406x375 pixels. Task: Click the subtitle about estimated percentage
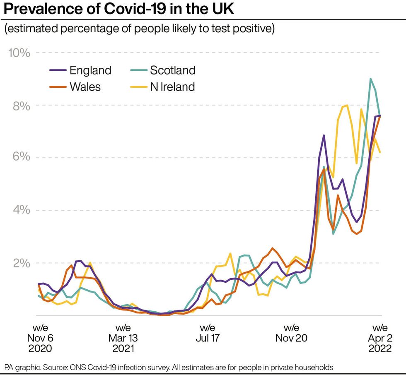click(x=140, y=30)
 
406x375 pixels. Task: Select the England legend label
click(x=90, y=70)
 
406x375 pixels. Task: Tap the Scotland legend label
click(x=172, y=70)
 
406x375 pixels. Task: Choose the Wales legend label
click(x=85, y=87)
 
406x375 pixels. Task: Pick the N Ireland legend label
click(x=172, y=87)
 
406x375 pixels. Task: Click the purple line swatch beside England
click(x=58, y=70)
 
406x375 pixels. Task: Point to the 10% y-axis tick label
click(x=19, y=53)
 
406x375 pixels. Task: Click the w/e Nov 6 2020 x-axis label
click(x=40, y=338)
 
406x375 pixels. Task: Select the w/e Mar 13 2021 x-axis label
click(x=123, y=338)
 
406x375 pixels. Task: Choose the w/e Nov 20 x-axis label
click(x=291, y=333)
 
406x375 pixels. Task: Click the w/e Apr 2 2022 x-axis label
click(x=379, y=338)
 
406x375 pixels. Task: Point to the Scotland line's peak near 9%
click(x=370, y=79)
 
